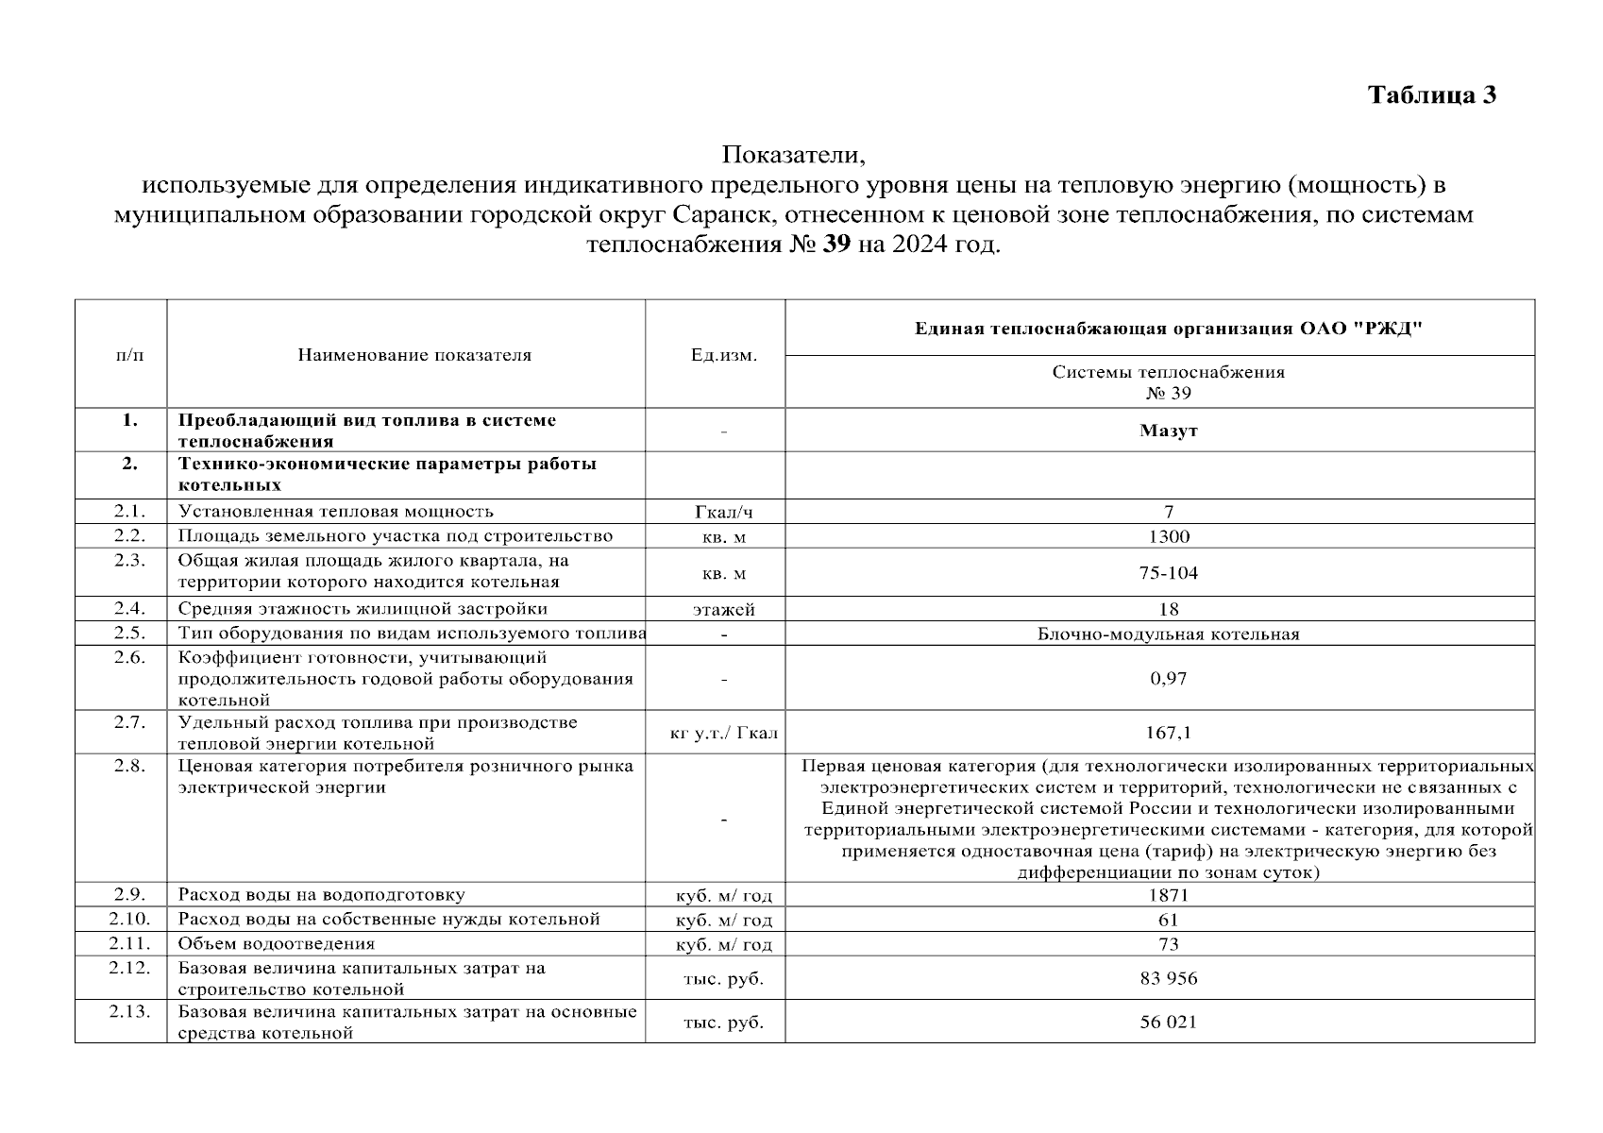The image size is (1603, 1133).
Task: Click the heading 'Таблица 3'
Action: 1432,95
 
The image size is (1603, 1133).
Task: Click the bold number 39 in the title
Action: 837,245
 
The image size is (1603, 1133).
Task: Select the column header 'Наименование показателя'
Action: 414,355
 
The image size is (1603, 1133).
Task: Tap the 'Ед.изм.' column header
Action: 724,355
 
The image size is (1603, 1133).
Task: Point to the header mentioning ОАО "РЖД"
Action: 1168,329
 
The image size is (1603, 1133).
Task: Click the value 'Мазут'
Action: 1168,431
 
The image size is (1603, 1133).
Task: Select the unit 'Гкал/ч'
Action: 724,513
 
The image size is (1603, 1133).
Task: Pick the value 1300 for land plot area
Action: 1168,536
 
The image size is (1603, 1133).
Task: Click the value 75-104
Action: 1168,572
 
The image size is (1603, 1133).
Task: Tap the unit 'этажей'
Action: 724,610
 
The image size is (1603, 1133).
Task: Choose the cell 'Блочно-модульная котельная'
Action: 1168,634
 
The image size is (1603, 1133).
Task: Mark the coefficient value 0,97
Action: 1168,678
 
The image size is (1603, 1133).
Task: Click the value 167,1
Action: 1168,733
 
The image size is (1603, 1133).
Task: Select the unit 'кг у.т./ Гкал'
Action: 724,733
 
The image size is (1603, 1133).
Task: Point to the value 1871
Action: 1168,895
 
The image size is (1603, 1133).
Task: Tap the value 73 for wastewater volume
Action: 1168,943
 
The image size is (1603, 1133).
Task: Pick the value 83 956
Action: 1168,978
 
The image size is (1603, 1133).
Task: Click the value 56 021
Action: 1168,1022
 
